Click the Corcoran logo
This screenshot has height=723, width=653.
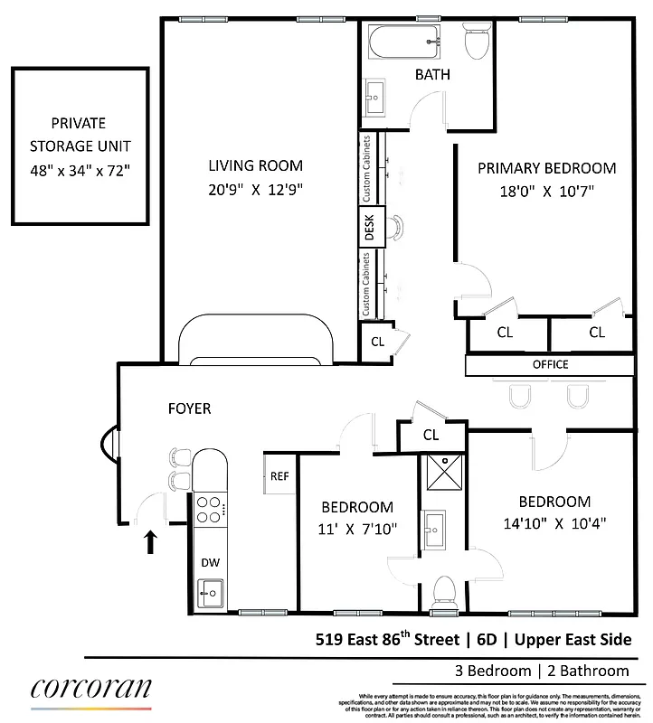91,690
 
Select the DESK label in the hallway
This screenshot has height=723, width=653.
369,230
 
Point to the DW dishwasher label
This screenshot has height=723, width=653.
210,562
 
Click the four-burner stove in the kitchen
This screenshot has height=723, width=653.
209,510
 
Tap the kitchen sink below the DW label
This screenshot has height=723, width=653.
210,593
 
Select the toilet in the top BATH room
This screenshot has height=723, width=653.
475,40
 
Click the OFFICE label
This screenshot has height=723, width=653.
550,365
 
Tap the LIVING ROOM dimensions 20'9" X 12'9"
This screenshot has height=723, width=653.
256,190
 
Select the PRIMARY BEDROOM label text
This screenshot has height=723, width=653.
546,168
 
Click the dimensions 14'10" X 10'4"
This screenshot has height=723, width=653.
554,523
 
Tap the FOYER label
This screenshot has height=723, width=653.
189,408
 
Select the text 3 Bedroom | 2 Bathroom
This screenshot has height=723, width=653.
541,671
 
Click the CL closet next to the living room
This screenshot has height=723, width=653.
377,342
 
